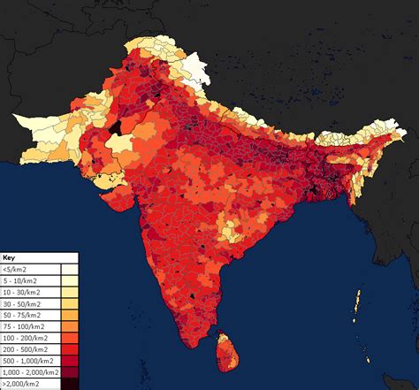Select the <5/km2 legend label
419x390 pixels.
pos(13,268)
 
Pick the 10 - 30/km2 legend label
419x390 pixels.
pos(21,291)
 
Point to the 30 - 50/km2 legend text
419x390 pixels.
pos(21,302)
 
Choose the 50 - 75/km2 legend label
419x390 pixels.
pos(21,314)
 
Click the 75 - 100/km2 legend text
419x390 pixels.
pos(23,325)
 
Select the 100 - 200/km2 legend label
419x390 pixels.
pos(25,337)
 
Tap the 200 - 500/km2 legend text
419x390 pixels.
pos(25,348)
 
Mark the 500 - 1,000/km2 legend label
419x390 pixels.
pos(27,360)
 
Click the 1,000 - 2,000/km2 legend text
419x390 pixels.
pos(30,371)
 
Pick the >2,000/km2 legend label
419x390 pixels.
pos(21,383)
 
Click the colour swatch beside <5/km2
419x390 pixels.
pos(69,268)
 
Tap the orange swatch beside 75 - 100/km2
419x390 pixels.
pos(69,325)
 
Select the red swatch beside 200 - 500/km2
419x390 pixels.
pos(69,348)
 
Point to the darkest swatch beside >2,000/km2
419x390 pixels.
pos(69,383)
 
